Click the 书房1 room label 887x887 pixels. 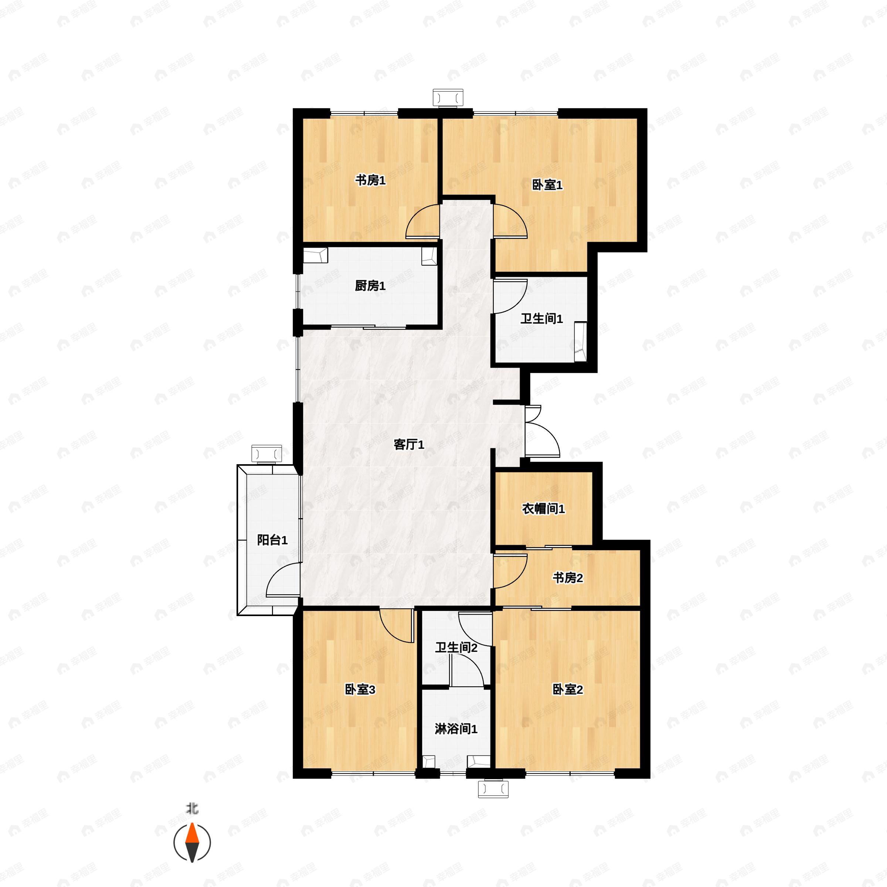(370, 180)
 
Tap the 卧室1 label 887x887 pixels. (547, 185)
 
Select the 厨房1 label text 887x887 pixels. (370, 286)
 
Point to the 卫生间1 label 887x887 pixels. (541, 319)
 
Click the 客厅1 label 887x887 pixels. (409, 444)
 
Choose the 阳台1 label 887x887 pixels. (272, 540)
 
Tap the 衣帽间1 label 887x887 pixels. (544, 509)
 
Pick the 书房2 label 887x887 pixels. (567, 578)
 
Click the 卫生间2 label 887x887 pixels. (456, 648)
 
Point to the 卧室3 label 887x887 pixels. (360, 690)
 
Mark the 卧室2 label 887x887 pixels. (567, 690)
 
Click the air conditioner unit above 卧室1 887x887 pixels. (448, 98)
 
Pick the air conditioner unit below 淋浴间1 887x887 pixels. (493, 788)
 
